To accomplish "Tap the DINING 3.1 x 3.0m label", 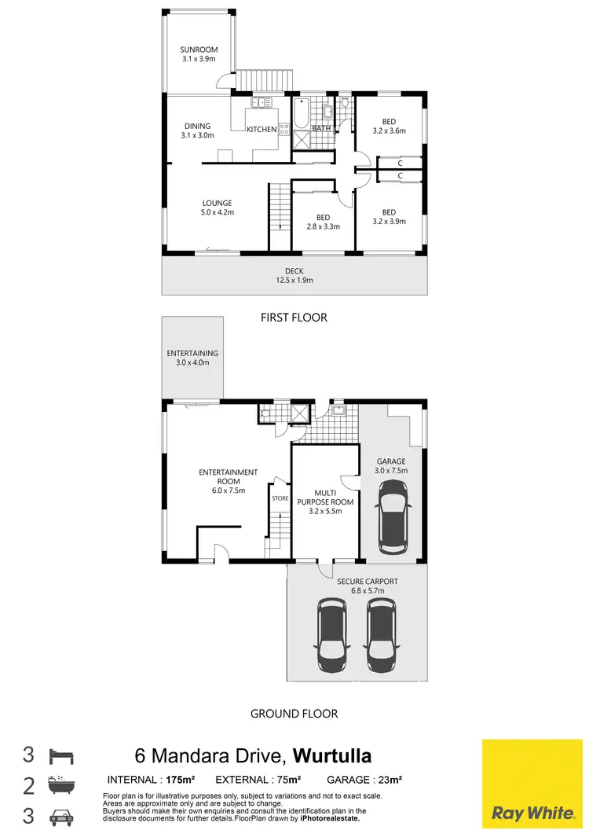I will pyautogui.click(x=198, y=130).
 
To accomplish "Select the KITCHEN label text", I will pyautogui.click(x=262, y=129).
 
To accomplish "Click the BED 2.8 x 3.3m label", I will pyautogui.click(x=323, y=222).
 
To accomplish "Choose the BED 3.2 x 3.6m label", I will pyautogui.click(x=389, y=126).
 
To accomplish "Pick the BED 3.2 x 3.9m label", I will pyautogui.click(x=389, y=217).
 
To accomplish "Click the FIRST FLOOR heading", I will pyautogui.click(x=294, y=318).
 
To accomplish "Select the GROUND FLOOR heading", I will pyautogui.click(x=294, y=714).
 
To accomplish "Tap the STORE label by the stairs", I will pyautogui.click(x=280, y=498).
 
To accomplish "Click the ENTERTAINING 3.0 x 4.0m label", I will pyautogui.click(x=192, y=358).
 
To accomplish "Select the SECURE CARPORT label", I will pyautogui.click(x=368, y=586).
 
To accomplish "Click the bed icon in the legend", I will pyautogui.click(x=61, y=756).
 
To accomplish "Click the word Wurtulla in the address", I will pyautogui.click(x=332, y=756).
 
